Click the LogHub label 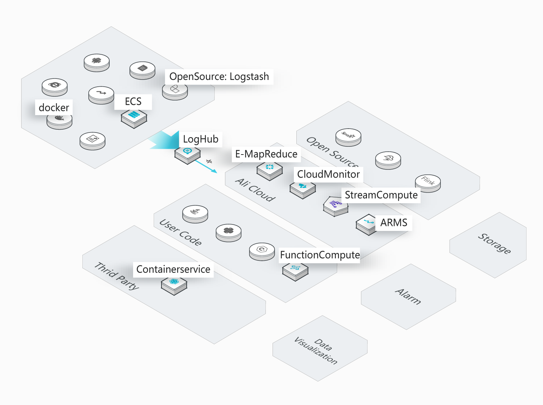coord(201,139)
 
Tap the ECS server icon coord(134,116)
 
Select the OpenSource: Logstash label coord(219,77)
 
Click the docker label coord(54,108)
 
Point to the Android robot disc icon coord(97,61)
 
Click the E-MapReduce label coord(266,154)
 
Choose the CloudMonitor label coord(328,174)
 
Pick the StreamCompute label coord(381,195)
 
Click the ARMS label coord(394,223)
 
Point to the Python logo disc coord(229,231)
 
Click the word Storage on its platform coord(494,243)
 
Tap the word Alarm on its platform coord(408,297)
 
